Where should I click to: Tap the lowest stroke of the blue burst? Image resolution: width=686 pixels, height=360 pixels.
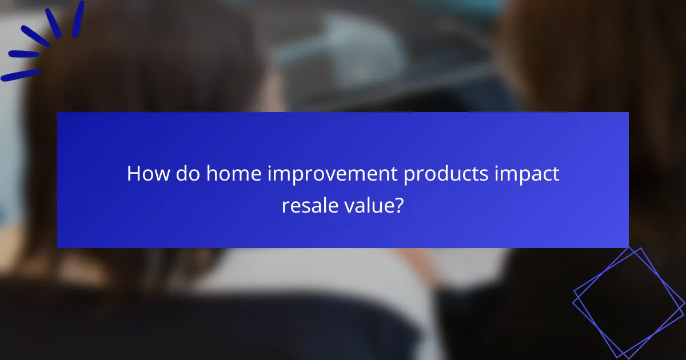click(x=21, y=75)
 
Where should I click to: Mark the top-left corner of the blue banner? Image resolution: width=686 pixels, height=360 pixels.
click(x=58, y=113)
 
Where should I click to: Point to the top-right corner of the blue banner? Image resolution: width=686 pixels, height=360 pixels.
click(x=628, y=113)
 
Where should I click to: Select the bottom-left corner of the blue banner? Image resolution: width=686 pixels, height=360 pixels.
click(x=58, y=247)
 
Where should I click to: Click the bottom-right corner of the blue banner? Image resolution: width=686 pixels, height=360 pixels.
click(x=628, y=247)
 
